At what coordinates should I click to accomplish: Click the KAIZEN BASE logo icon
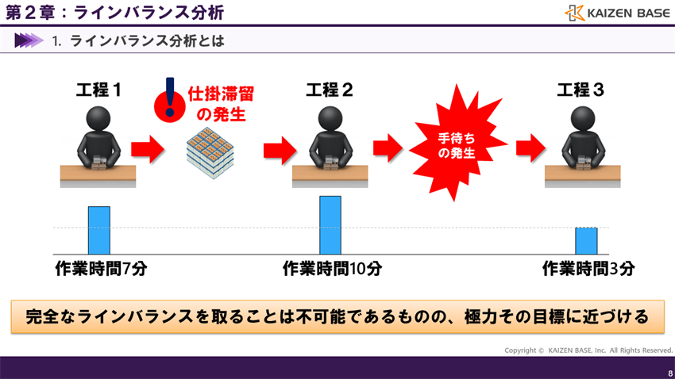coord(575,13)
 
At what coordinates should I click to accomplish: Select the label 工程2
coord(330,90)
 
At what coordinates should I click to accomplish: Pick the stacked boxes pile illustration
coord(210,153)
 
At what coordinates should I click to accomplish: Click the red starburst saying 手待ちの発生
coord(456,144)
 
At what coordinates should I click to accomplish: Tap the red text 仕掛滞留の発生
coord(221,104)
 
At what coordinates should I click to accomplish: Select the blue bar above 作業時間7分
coord(98,229)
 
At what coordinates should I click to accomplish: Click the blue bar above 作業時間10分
coord(330,224)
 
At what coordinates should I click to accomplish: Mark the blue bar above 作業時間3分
coord(586,240)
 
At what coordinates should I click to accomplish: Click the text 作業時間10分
coord(332,269)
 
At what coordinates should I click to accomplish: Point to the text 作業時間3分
coord(588,269)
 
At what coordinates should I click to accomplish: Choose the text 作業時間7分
coord(101,269)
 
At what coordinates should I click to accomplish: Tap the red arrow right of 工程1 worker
coord(147,147)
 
